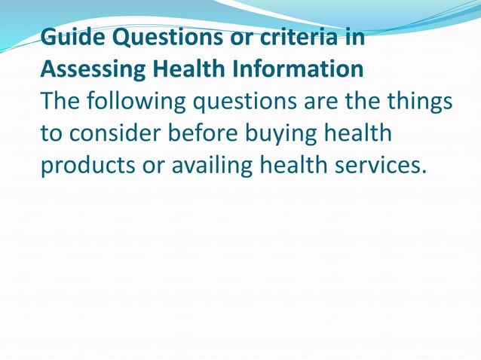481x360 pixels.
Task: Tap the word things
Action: pos(417,102)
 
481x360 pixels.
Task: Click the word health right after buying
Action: pos(361,133)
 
